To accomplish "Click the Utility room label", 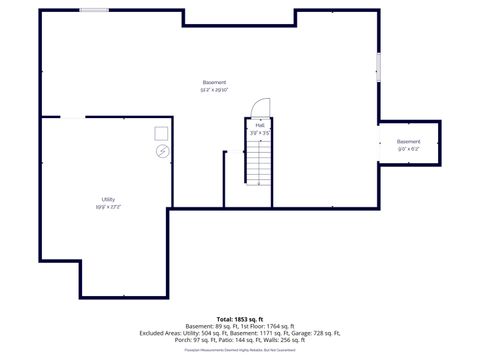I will [108, 200].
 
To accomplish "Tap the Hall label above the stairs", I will [260, 125].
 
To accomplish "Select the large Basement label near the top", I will [214, 82].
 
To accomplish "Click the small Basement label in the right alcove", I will [409, 142].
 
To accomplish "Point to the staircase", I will [259, 158].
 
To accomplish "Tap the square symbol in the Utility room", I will [161, 133].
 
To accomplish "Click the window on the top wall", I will [95, 11].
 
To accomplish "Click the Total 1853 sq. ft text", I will [239, 319].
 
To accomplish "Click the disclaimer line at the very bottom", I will [240, 349].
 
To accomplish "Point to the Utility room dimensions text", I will [108, 207].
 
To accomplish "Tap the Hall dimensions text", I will [260, 132].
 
